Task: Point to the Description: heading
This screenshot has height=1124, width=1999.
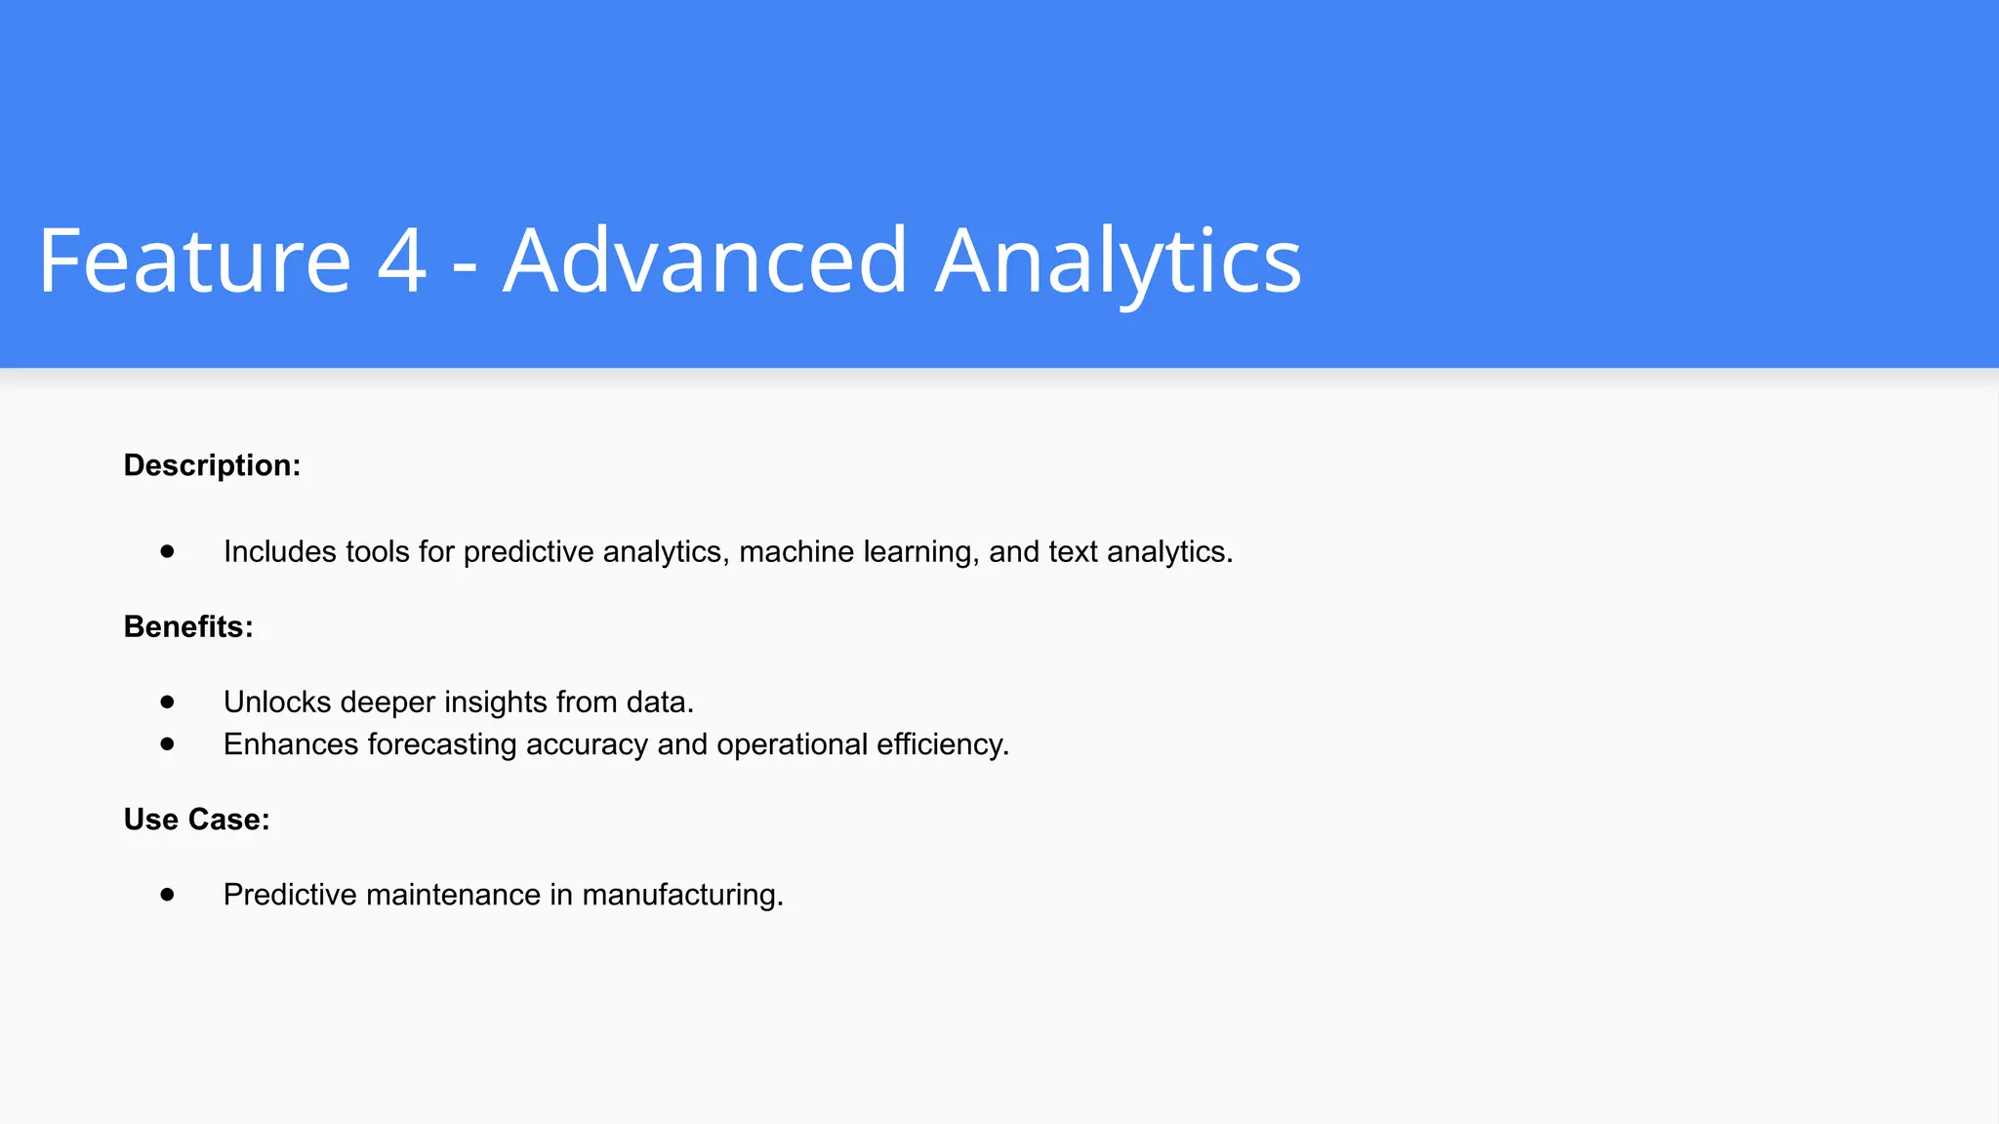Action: tap(212, 465)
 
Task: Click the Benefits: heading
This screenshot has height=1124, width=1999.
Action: tap(188, 626)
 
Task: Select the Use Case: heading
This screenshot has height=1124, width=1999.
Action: tap(196, 820)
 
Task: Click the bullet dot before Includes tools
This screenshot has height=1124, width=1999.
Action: tap(168, 551)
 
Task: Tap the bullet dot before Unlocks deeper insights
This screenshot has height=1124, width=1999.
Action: tap(168, 702)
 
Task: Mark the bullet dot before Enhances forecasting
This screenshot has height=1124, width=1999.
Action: tap(168, 743)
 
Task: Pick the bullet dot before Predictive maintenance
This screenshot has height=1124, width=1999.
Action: tap(168, 894)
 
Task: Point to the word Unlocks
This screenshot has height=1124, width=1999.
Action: tap(277, 702)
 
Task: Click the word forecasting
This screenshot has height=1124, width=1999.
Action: tap(442, 745)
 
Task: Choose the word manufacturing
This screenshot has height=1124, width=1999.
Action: tap(682, 896)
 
